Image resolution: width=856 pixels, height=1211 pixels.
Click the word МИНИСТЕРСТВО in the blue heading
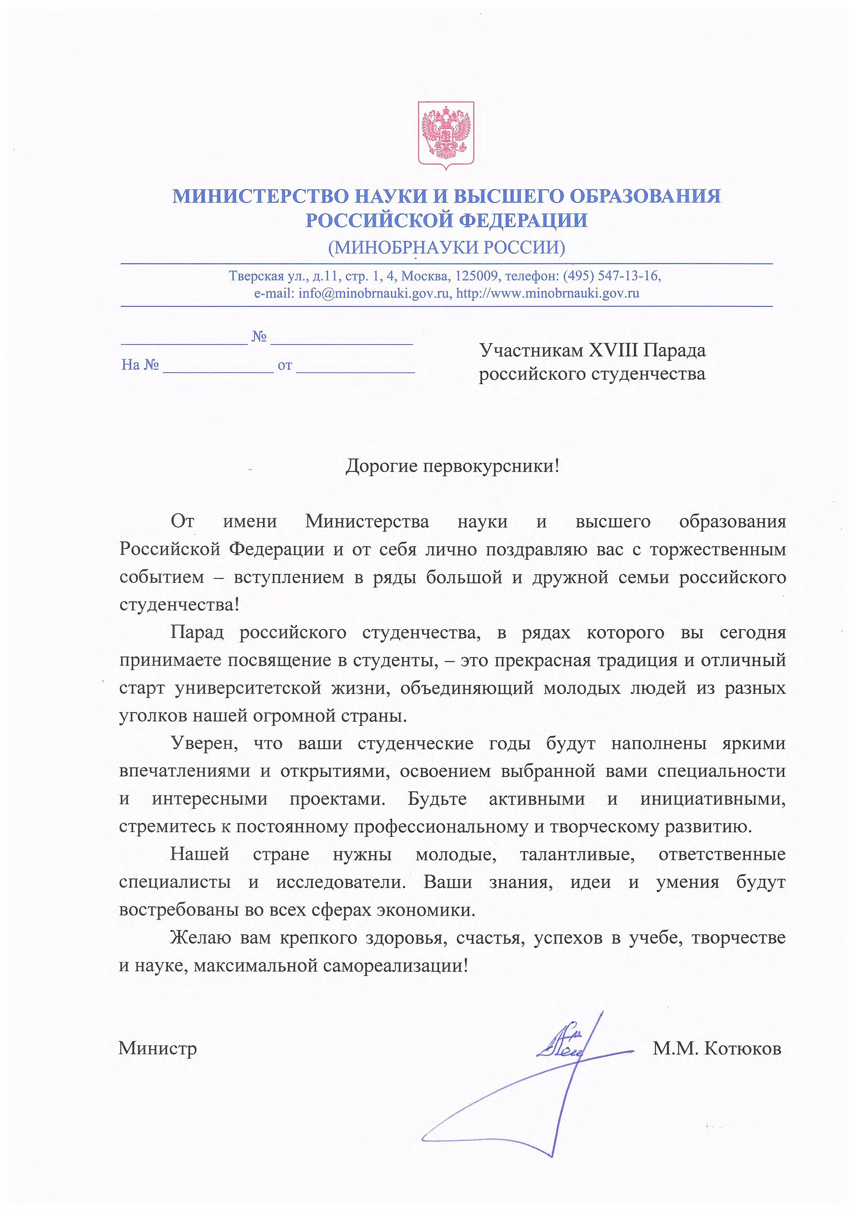260,196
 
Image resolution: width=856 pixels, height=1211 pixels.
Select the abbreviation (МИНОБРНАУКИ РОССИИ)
446,247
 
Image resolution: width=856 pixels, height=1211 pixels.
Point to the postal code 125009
477,276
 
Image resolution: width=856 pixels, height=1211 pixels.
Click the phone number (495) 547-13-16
611,276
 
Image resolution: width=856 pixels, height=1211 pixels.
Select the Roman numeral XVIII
615,350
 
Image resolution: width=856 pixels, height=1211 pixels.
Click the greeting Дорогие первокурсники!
452,466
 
